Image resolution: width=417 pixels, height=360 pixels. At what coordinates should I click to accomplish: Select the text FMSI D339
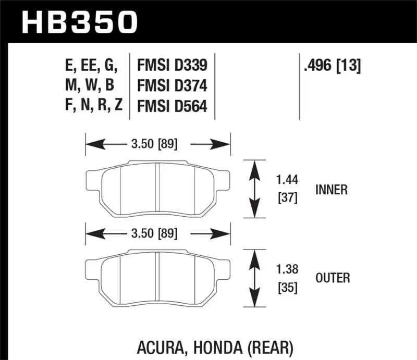[x=172, y=66]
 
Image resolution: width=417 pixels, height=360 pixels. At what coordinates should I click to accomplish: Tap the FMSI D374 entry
[x=172, y=86]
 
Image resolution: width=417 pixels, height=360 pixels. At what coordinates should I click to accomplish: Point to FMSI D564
[x=172, y=106]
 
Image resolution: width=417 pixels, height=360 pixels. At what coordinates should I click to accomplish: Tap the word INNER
[x=331, y=190]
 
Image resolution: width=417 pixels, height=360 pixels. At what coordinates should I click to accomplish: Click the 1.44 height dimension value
[x=287, y=181]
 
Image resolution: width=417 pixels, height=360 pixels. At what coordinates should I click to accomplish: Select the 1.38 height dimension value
[x=287, y=270]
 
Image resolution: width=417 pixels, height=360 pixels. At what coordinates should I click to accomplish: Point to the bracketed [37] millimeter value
[x=287, y=198]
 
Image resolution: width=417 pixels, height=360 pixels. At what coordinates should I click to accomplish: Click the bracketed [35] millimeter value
[x=287, y=287]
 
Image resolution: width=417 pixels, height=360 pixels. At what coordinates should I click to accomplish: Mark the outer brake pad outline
[x=157, y=279]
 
